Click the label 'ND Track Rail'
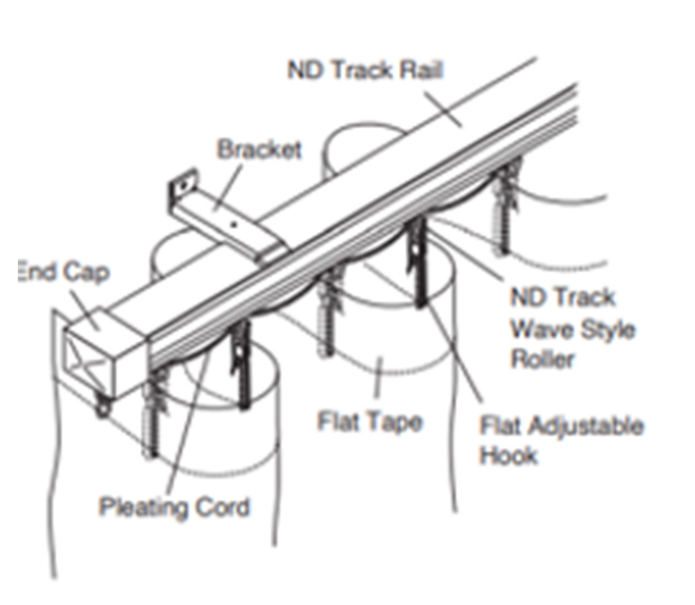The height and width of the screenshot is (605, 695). pos(364,71)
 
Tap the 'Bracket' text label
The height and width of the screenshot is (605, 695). pos(259,150)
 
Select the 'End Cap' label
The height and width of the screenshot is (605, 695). pos(63,271)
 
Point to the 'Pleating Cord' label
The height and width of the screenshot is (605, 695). pos(175,508)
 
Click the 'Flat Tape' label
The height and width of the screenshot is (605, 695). pos(370,422)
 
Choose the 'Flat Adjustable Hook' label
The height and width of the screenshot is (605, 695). pos(561,440)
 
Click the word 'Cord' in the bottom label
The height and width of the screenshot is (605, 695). pos(223,508)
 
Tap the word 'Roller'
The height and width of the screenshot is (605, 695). pos(542,358)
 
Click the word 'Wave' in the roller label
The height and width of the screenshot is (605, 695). pos(537,327)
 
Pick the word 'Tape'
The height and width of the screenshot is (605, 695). pos(396,422)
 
